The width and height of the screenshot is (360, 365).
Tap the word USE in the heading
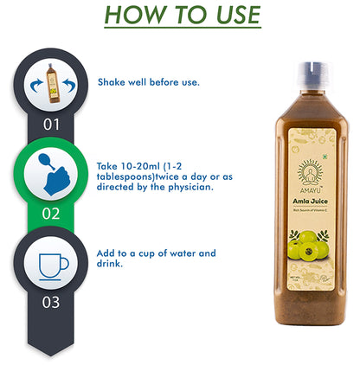pyautogui.click(x=230, y=16)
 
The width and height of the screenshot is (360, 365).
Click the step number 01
pyautogui.click(x=52, y=124)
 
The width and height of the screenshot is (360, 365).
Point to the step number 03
pyautogui.click(x=52, y=302)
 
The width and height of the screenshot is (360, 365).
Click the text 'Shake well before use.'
pyautogui.click(x=149, y=82)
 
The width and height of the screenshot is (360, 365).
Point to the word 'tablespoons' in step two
pyautogui.click(x=130, y=173)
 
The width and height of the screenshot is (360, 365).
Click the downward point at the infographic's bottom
pyautogui.click(x=52, y=350)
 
